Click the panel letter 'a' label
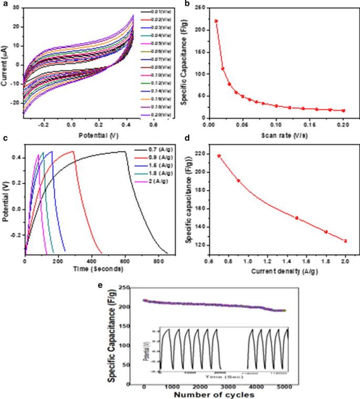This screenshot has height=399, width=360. tap(4, 4)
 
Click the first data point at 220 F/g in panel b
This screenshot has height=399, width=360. tap(216, 21)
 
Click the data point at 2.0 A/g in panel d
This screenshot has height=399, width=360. tap(345, 241)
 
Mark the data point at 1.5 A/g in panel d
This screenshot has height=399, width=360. tap(297, 218)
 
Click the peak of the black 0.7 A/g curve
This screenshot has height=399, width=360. tap(124, 151)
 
